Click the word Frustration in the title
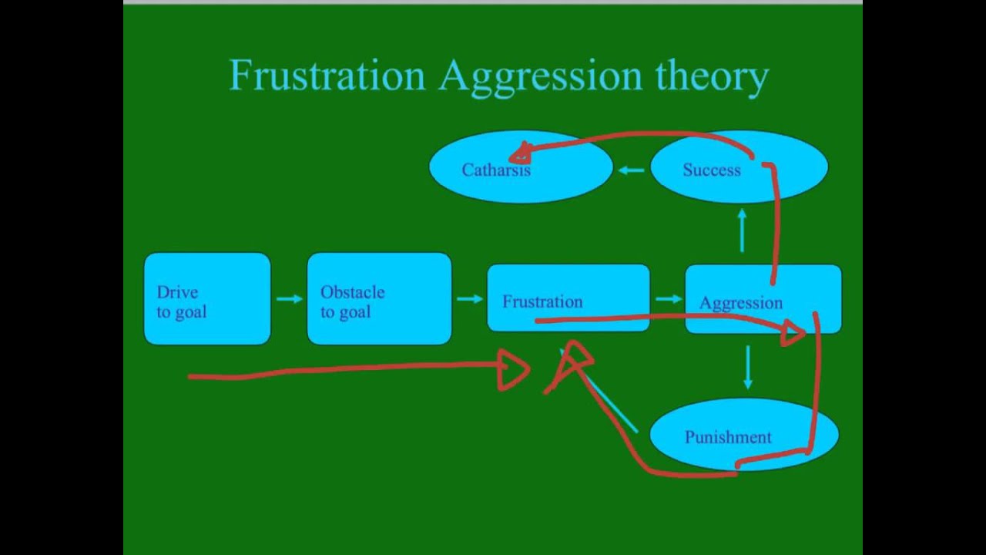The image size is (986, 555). point(327,76)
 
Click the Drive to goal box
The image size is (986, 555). point(207,298)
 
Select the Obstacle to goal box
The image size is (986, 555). point(379,298)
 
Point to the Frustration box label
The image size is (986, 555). point(542,301)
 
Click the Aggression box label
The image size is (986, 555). point(740,303)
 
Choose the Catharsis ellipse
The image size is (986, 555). point(496,170)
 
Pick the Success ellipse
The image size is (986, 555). point(711,170)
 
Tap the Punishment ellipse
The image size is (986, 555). point(728,437)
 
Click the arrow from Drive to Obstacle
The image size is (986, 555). point(289,298)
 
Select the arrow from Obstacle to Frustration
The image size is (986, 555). point(469,298)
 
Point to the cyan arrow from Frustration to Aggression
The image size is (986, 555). point(668,298)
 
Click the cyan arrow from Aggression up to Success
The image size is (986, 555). point(743,230)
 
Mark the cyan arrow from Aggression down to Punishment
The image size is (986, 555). point(747,367)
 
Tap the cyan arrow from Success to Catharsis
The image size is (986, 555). point(632,170)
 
